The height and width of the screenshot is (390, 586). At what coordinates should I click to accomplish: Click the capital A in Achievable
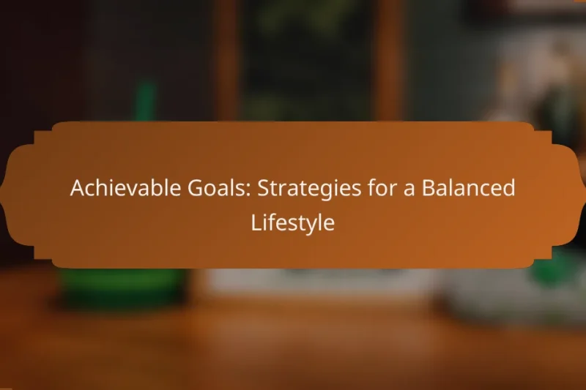pyautogui.click(x=76, y=189)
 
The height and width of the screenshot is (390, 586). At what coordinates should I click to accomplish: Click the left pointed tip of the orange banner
pyautogui.click(x=2, y=195)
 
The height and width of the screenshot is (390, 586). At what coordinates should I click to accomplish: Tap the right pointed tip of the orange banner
pyautogui.click(x=584, y=195)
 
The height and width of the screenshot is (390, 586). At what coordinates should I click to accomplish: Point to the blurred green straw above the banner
pyautogui.click(x=144, y=102)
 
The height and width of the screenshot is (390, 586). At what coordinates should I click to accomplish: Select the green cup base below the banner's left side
pyautogui.click(x=121, y=285)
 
